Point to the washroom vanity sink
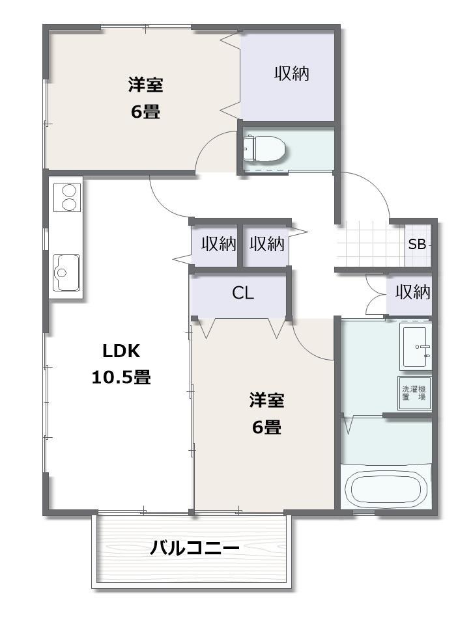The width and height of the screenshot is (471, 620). [416, 347]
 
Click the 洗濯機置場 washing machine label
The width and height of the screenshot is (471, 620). [414, 392]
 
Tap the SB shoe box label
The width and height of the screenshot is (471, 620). [417, 245]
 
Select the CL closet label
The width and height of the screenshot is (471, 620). [243, 293]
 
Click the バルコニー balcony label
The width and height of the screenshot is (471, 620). [195, 548]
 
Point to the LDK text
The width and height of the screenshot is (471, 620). [121, 351]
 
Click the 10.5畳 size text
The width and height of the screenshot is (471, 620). [121, 377]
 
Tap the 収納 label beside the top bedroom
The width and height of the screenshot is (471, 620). [291, 74]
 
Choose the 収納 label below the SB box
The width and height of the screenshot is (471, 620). [413, 292]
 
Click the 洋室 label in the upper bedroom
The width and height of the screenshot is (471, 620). [145, 85]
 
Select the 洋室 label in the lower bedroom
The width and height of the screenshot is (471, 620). [266, 400]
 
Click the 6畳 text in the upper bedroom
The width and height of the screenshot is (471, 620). [145, 111]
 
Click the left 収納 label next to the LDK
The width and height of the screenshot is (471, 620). [218, 245]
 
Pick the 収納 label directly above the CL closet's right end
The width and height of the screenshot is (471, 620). [267, 245]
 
